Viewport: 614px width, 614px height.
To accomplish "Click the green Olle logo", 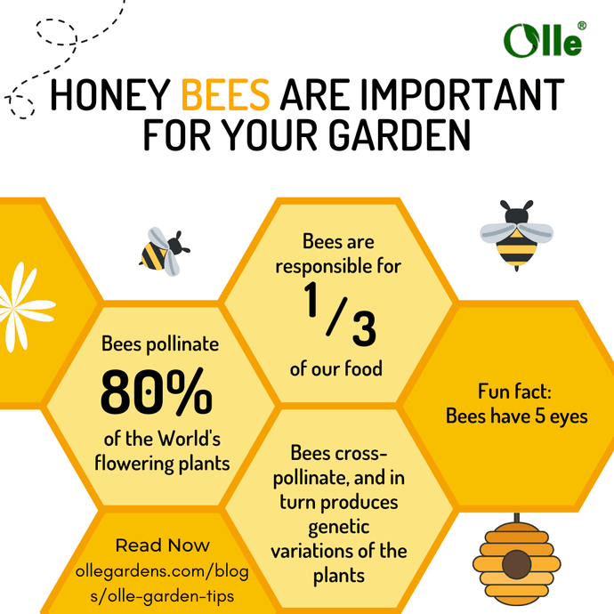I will (542, 40).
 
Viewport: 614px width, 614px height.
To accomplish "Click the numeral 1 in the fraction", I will (314, 304).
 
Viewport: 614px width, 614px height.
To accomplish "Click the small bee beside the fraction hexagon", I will (164, 249).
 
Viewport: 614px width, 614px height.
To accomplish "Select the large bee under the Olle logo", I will (517, 234).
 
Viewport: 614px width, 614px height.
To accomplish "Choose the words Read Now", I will (162, 545).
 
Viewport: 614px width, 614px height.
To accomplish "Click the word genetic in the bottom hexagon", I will (337, 526).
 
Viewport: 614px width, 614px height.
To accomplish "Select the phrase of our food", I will (336, 368).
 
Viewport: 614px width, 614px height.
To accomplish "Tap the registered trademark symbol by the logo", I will (581, 26).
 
